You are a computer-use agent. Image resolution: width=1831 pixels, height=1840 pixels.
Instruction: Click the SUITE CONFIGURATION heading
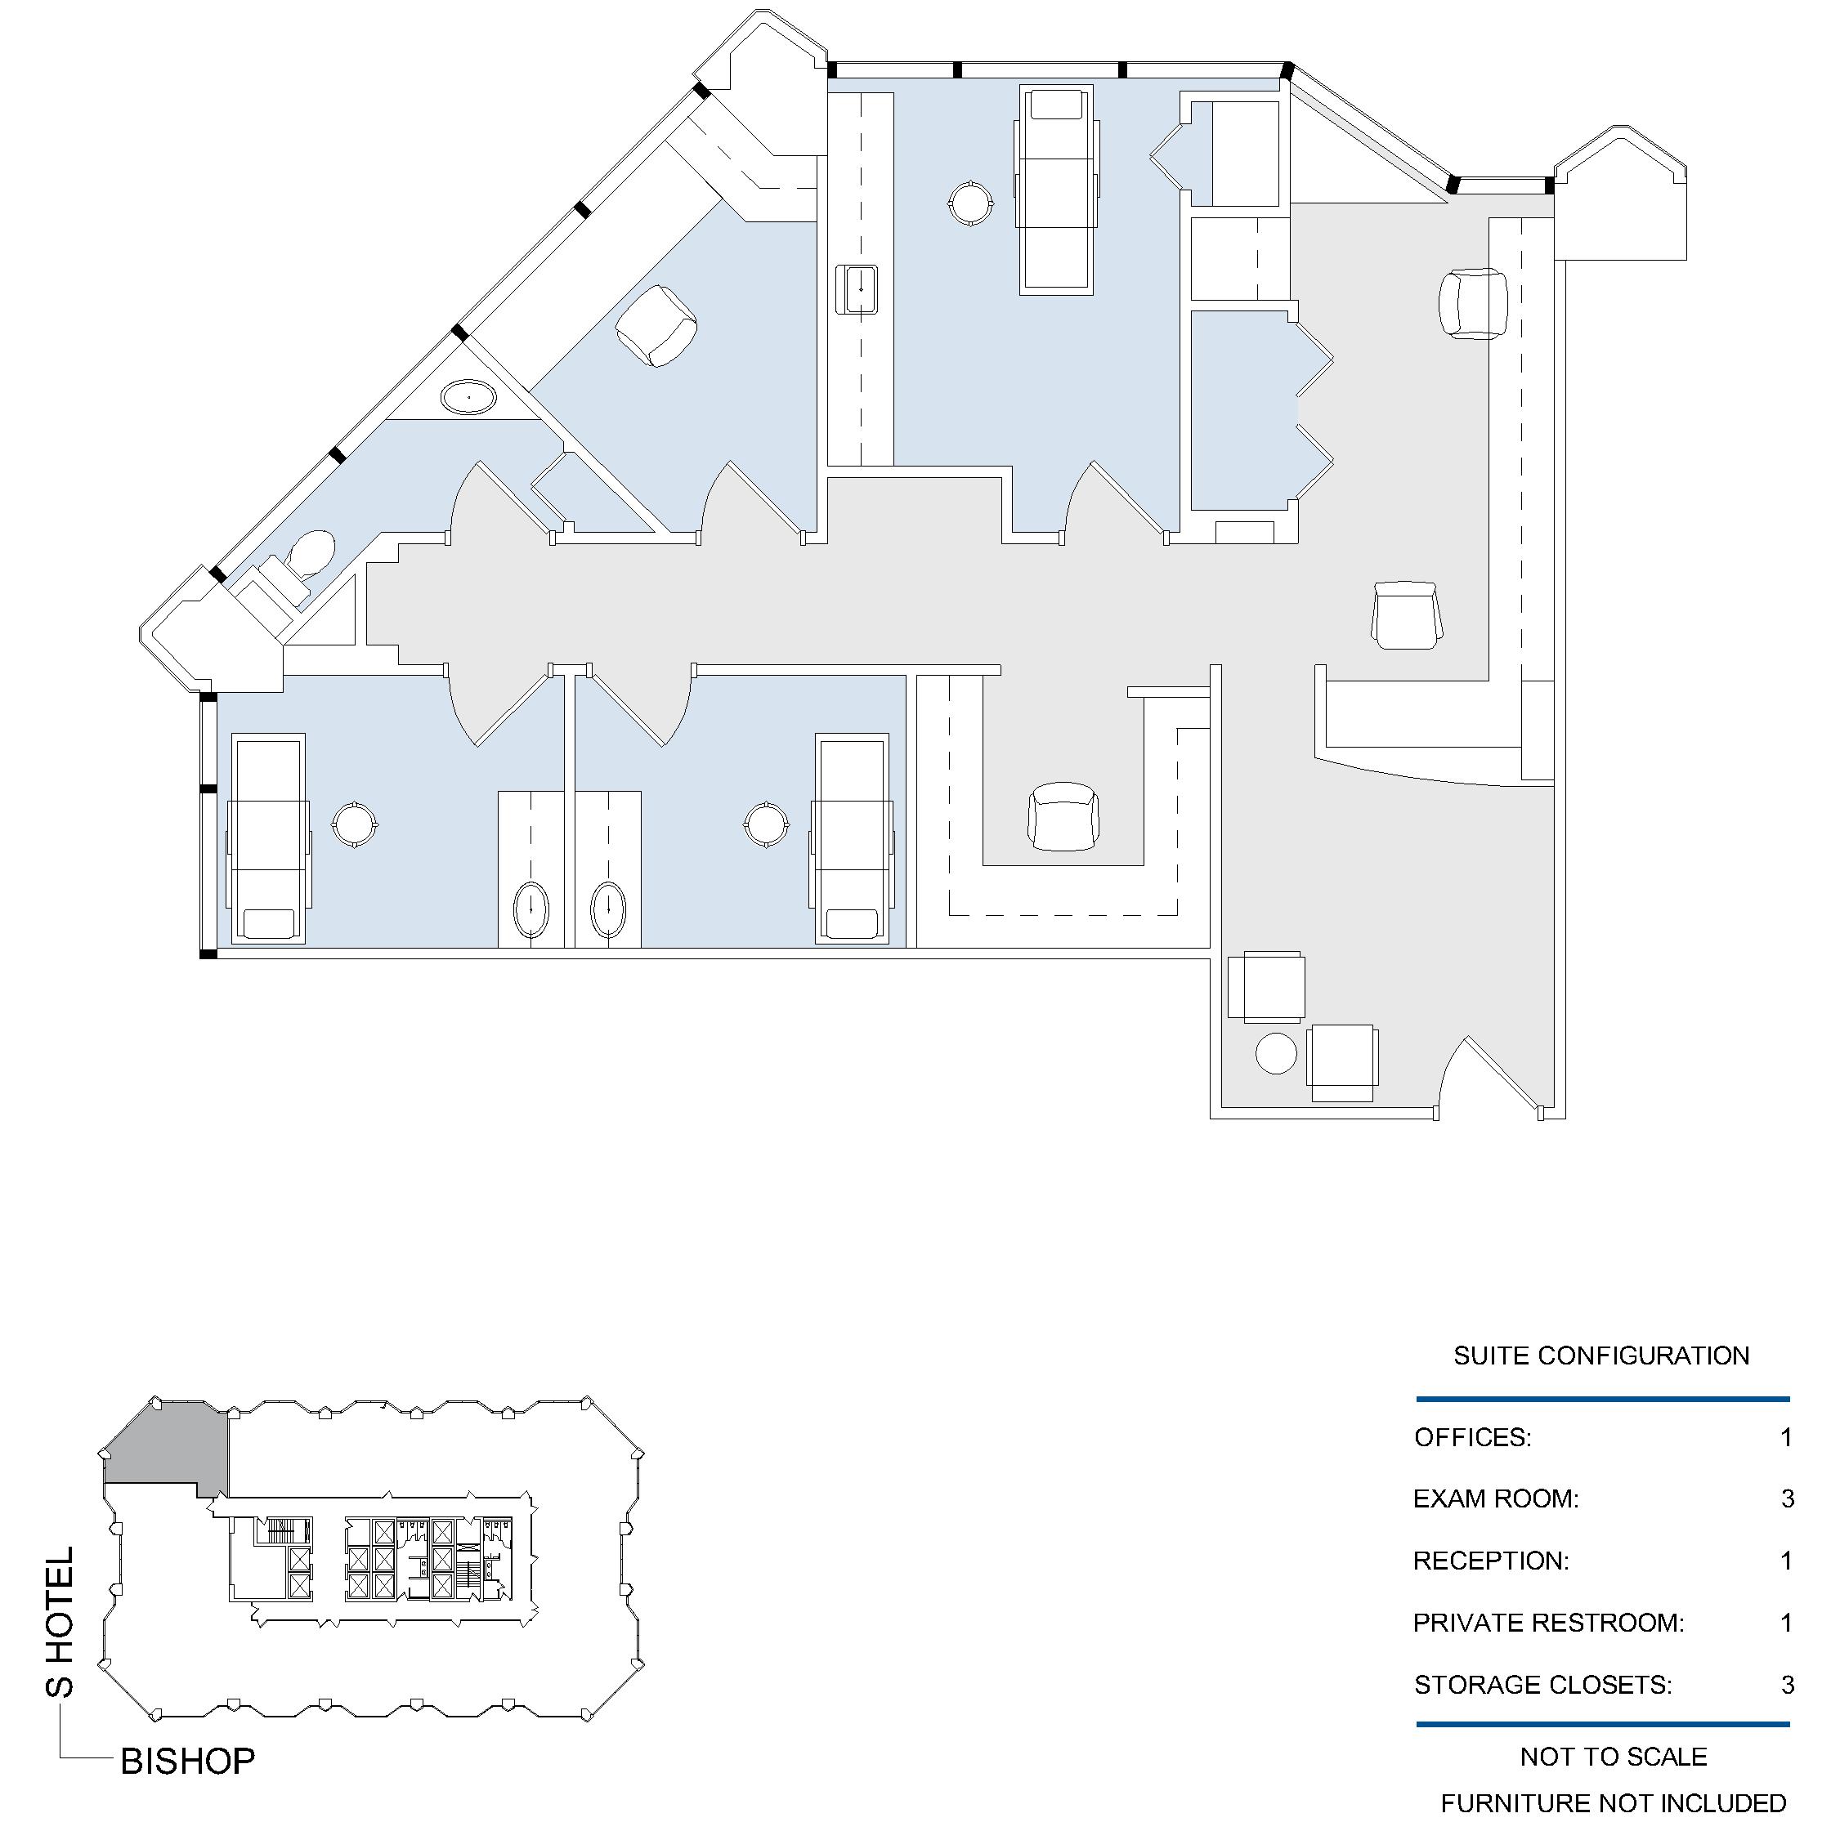pos(1601,1356)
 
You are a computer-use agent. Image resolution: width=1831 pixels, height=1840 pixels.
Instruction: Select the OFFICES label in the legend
pos(1473,1438)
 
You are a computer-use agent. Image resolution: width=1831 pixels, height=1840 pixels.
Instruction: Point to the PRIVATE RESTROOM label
pos(1548,1623)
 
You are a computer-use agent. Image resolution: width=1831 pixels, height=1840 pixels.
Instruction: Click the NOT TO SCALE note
pos(1614,1757)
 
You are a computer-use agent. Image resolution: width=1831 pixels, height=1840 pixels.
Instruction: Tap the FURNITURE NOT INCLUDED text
pos(1613,1804)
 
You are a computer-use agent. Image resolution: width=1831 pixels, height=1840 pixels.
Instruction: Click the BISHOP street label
pos(188,1762)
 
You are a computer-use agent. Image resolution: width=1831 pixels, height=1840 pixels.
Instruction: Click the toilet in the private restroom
pos(311,552)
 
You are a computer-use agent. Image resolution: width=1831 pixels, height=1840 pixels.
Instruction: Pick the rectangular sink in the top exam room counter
pos(857,289)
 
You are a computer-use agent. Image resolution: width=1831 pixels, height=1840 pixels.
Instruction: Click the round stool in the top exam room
pos(971,203)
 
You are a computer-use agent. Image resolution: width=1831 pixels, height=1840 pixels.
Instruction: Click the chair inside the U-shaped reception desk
pos(1063,816)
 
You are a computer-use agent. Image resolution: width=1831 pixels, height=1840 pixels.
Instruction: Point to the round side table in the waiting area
pos(1277,1053)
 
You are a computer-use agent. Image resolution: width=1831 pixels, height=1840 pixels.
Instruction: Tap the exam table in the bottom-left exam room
pos(270,839)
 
